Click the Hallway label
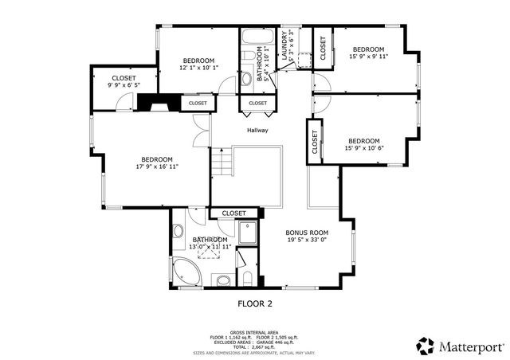(x=257, y=131)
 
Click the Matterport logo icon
(x=426, y=346)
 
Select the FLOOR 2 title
(x=255, y=303)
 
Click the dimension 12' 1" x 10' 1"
(x=198, y=68)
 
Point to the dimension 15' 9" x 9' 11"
(x=367, y=57)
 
